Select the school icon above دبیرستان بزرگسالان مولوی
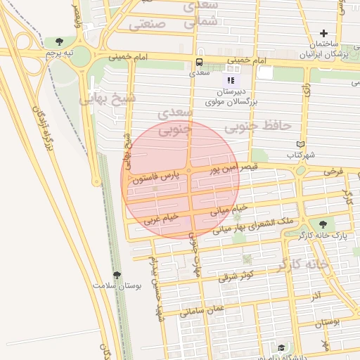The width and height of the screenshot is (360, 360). (231, 80)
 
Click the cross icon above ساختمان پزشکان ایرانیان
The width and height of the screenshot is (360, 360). (323, 33)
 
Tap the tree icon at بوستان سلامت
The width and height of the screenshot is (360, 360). (116, 276)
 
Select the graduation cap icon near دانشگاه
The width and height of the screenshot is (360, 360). (281, 347)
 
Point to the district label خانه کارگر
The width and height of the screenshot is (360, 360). (303, 264)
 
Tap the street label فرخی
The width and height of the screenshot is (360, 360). (333, 171)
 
